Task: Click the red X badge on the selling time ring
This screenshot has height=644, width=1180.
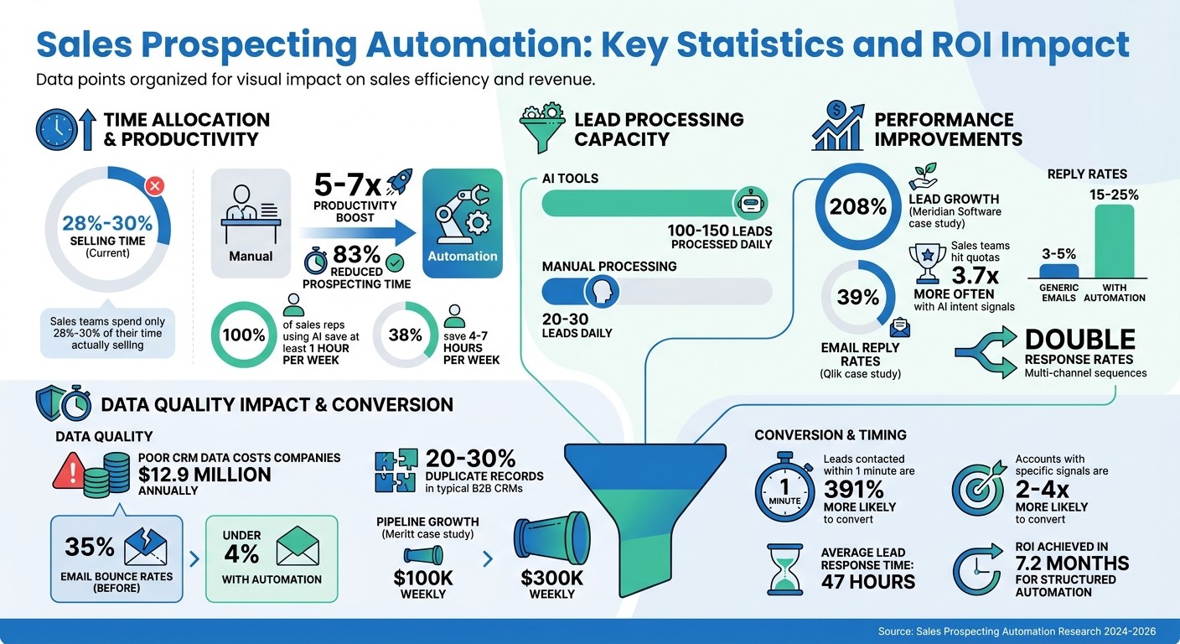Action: point(155,185)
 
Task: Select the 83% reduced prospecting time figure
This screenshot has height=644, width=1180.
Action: point(356,255)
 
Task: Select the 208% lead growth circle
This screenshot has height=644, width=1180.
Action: point(857,207)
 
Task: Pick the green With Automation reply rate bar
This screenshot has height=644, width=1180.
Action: point(1114,242)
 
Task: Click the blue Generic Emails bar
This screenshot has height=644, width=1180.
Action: point(1058,271)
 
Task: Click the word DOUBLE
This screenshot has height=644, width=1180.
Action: point(1080,340)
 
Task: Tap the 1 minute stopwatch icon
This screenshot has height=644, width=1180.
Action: point(785,489)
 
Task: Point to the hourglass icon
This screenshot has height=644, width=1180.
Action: point(785,569)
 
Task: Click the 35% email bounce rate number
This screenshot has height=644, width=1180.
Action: point(90,548)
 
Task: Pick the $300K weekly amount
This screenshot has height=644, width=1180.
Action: point(551,578)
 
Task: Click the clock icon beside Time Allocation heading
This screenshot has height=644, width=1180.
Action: point(56,129)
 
